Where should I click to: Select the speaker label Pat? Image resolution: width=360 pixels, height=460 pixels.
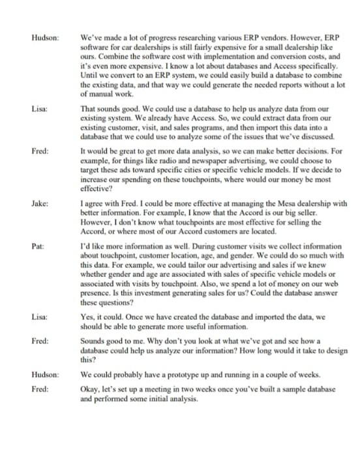tap(37, 247)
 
